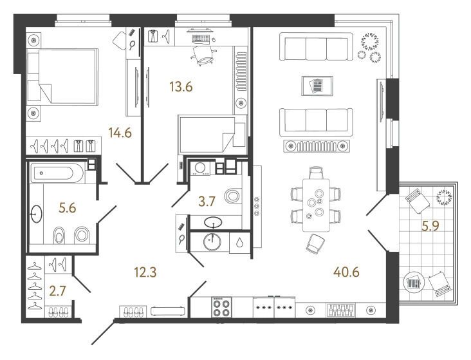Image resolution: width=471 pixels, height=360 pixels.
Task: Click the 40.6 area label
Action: [346, 272]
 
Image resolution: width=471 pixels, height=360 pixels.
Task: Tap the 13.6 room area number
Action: [181, 87]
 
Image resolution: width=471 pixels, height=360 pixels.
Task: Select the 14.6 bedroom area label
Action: [120, 133]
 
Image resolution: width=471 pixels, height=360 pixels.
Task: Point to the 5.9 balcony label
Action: [430, 225]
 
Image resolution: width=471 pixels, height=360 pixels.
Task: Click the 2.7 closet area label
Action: [57, 291]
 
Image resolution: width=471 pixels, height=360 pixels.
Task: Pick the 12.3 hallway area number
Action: [145, 272]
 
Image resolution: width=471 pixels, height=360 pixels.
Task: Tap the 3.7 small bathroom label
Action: [207, 202]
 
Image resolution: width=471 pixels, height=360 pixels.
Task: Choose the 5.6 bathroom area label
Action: [68, 208]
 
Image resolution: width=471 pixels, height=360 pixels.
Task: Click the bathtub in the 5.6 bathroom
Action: [57, 173]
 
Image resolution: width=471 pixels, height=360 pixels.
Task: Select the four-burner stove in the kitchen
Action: [222, 307]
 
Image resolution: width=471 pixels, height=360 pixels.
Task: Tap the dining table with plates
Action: [316, 205]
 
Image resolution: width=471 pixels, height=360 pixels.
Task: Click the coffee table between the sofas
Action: [317, 86]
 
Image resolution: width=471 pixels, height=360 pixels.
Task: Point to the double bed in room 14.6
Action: [63, 77]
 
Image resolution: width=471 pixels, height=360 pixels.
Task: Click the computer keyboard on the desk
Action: [201, 39]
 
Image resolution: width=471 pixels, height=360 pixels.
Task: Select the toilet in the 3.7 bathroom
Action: [233, 196]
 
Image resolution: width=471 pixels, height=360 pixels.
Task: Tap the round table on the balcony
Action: [413, 282]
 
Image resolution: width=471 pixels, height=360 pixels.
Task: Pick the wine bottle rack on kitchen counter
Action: [341, 310]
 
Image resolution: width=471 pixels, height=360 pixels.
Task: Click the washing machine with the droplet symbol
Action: [239, 242]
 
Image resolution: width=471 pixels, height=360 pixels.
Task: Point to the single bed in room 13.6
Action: [212, 134]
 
